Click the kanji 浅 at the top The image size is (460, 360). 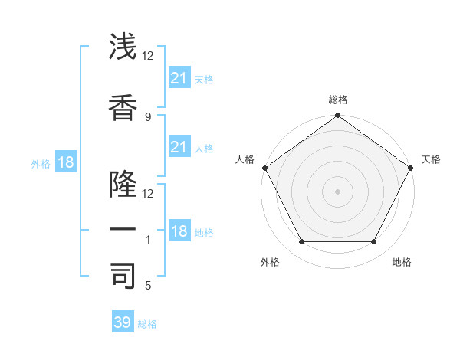(123, 47)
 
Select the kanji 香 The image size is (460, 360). (123, 106)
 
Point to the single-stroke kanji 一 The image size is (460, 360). (123, 229)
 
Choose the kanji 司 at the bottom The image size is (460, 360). (123, 275)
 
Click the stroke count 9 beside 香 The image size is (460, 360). (147, 116)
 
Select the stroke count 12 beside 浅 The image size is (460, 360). (148, 56)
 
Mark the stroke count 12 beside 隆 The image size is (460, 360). (148, 193)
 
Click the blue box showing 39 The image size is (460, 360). (123, 322)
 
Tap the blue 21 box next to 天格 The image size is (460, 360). (179, 78)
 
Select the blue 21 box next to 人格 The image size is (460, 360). (179, 147)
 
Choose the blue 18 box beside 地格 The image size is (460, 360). (179, 231)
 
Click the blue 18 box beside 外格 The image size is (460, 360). (65, 162)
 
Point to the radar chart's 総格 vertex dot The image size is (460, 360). (337, 116)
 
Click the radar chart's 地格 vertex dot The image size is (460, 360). (374, 242)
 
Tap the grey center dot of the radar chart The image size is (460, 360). (337, 191)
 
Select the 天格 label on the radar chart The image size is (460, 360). (431, 159)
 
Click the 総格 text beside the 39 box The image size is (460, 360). (147, 324)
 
